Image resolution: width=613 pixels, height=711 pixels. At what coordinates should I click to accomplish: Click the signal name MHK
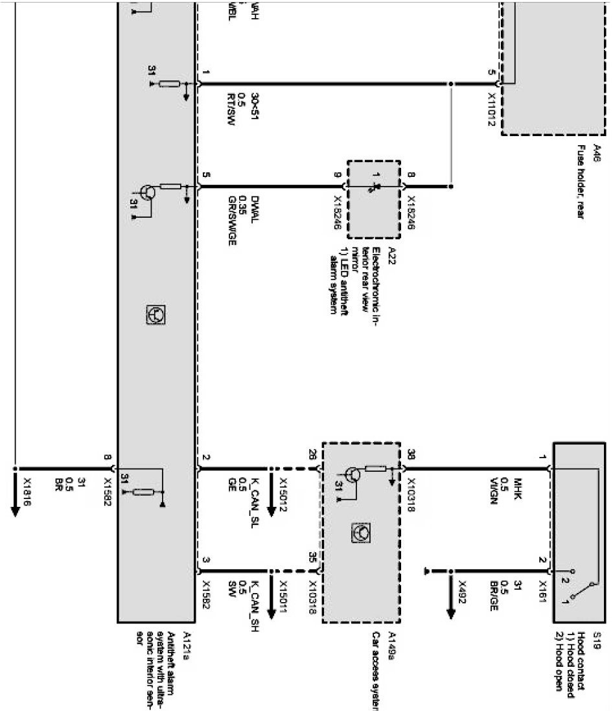pos(518,485)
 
